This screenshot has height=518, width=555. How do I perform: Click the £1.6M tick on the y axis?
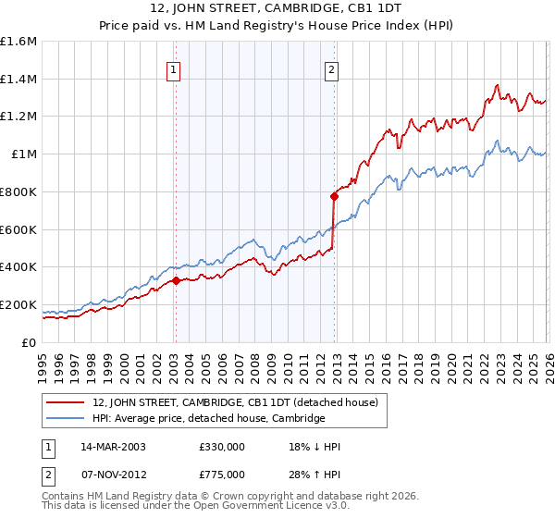tap(18, 42)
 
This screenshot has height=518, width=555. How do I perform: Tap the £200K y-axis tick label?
tap(18, 304)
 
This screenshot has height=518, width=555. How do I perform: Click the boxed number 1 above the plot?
tap(173, 68)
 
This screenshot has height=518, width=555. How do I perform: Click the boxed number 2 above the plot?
tap(331, 68)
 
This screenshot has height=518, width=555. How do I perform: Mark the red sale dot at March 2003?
tap(176, 280)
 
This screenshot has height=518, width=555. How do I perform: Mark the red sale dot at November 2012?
tap(334, 196)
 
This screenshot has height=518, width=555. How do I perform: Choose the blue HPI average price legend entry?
tap(208, 418)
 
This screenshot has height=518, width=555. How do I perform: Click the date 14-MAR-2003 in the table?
tap(112, 447)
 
